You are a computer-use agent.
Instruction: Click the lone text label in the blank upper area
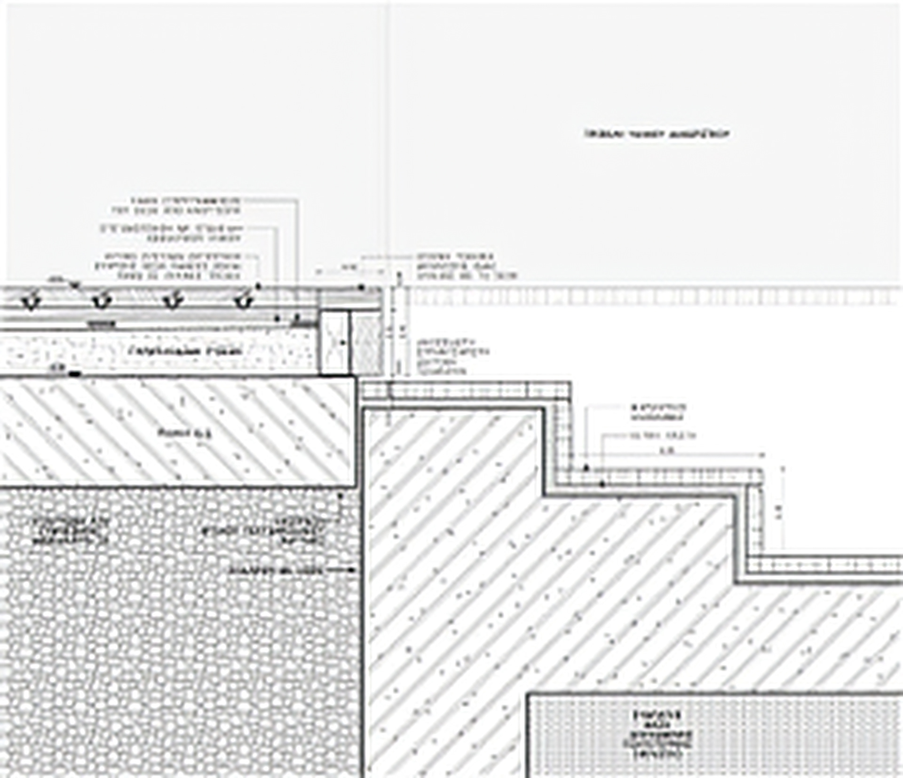pos(657,134)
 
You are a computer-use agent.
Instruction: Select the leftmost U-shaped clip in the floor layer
pos(30,301)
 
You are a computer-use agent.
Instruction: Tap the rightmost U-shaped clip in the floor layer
pos(243,301)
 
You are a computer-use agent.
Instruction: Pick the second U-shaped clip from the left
pos(101,301)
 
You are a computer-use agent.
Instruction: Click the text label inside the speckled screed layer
pos(185,351)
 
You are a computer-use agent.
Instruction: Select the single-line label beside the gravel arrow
pos(277,570)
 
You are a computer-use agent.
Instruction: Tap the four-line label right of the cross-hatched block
pos(453,356)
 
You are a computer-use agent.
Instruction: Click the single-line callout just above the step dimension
pos(662,436)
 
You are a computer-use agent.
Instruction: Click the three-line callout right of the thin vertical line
pos(467,266)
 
